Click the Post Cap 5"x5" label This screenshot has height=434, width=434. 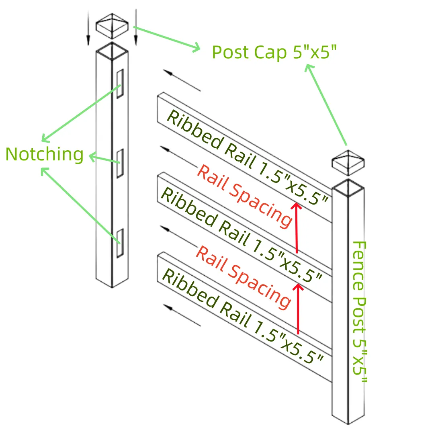[x=274, y=52]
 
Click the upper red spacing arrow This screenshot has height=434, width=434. [x=297, y=227]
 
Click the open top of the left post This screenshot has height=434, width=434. [x=112, y=52]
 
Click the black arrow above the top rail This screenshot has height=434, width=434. [x=182, y=80]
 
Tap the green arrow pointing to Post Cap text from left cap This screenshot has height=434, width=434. [x=167, y=39]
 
